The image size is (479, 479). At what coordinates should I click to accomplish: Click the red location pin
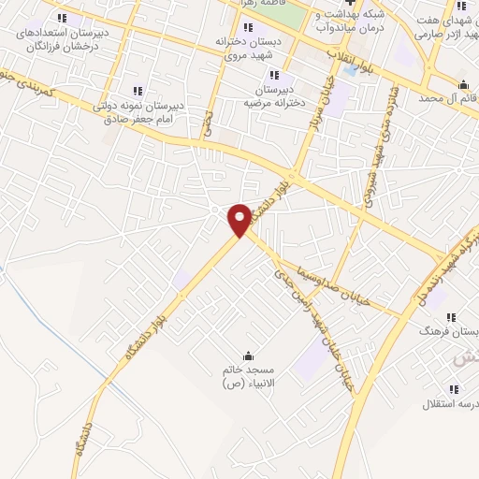[x=239, y=219]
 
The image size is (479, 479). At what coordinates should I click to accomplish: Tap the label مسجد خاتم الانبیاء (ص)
[x=247, y=377]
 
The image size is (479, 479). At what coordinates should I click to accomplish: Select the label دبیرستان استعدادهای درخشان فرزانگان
[x=62, y=37]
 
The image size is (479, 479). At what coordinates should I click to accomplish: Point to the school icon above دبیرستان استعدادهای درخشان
[x=62, y=17]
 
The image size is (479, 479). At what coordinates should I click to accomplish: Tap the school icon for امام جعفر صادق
[x=138, y=91]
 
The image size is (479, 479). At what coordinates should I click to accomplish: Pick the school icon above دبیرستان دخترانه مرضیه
[x=273, y=76]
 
